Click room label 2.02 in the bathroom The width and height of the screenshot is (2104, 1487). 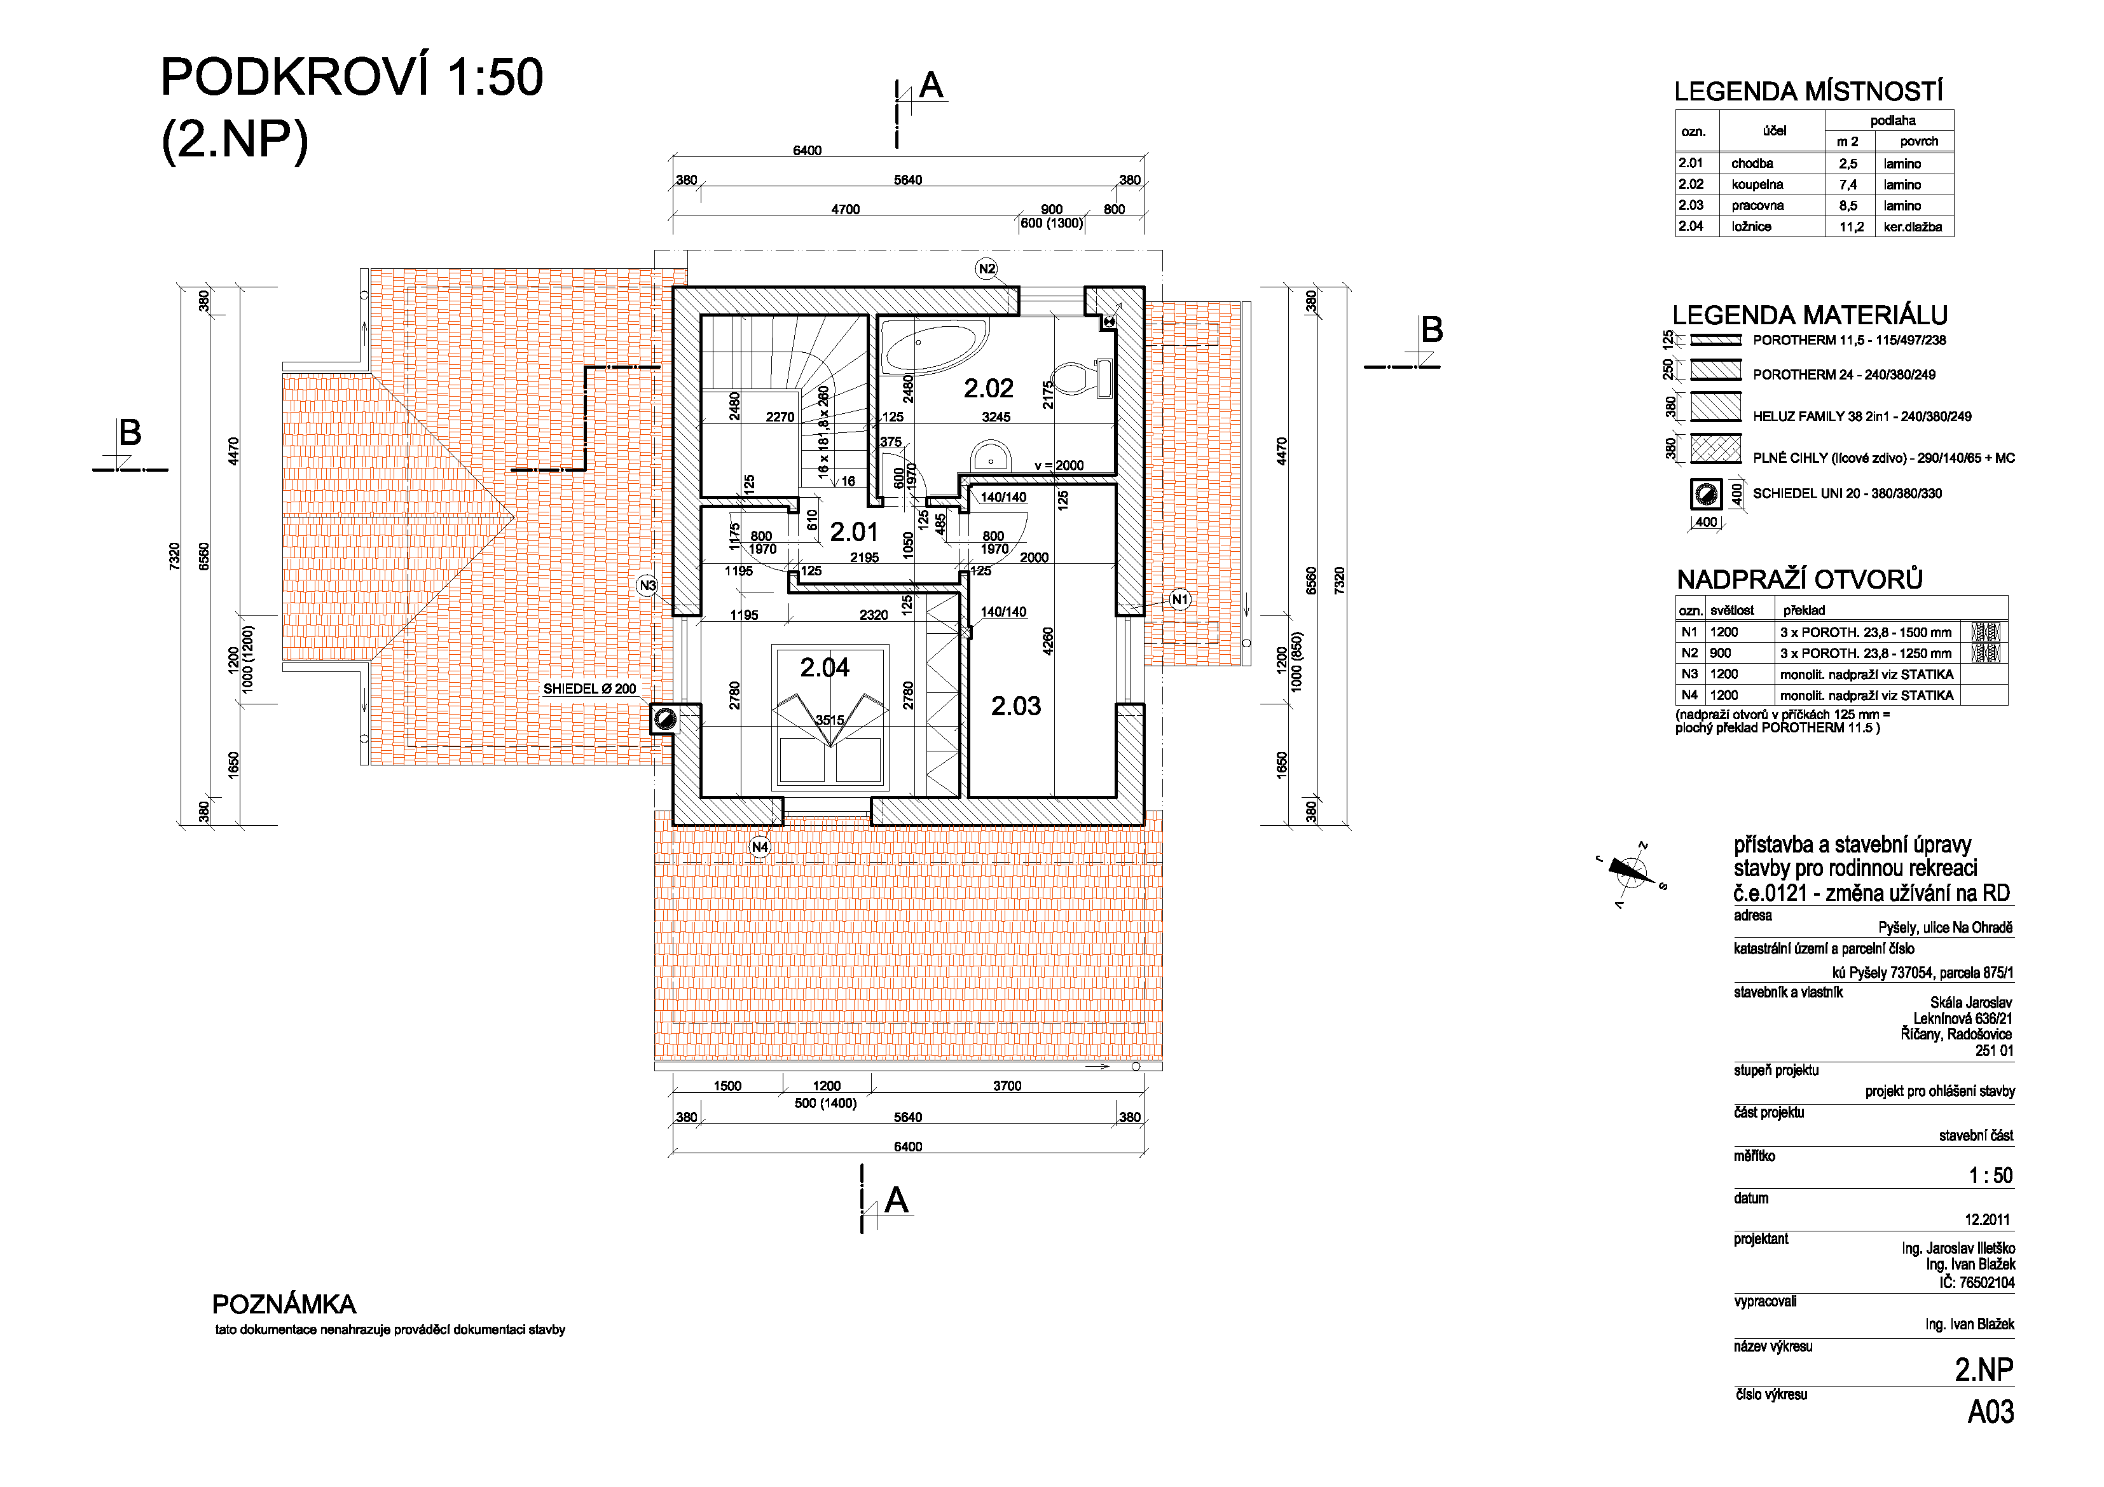[x=988, y=388]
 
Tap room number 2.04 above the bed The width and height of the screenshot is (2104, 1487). [x=824, y=667]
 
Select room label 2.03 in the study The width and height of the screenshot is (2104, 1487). [x=1015, y=706]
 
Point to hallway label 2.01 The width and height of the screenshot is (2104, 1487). [x=853, y=531]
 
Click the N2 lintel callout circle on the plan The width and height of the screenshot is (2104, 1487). [x=986, y=268]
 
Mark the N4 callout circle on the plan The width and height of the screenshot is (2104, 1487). [x=760, y=847]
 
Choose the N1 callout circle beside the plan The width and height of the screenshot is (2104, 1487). [x=1179, y=600]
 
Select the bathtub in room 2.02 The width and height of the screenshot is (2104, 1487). [x=934, y=346]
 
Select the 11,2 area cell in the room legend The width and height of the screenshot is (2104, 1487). [x=1851, y=227]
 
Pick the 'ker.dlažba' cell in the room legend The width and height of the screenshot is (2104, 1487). [x=1913, y=226]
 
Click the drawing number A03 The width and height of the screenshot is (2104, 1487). [x=1990, y=1412]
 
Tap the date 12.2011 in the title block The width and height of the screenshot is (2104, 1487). [x=1987, y=1219]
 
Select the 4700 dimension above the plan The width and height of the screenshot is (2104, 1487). [x=845, y=210]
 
